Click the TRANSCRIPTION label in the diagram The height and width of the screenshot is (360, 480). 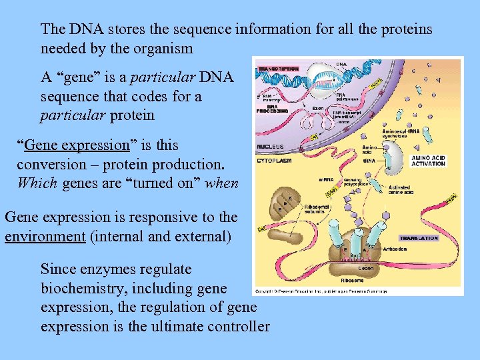point(279,69)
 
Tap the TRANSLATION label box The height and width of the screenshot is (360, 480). point(419,238)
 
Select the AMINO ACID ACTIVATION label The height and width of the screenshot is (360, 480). point(429,161)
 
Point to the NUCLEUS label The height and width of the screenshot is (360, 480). point(270,147)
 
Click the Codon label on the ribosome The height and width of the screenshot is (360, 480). point(365,268)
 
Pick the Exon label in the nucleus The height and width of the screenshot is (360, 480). point(318,107)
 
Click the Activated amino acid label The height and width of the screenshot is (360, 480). point(399,190)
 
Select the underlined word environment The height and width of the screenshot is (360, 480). point(45,236)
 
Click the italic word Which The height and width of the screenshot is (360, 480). point(37,183)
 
